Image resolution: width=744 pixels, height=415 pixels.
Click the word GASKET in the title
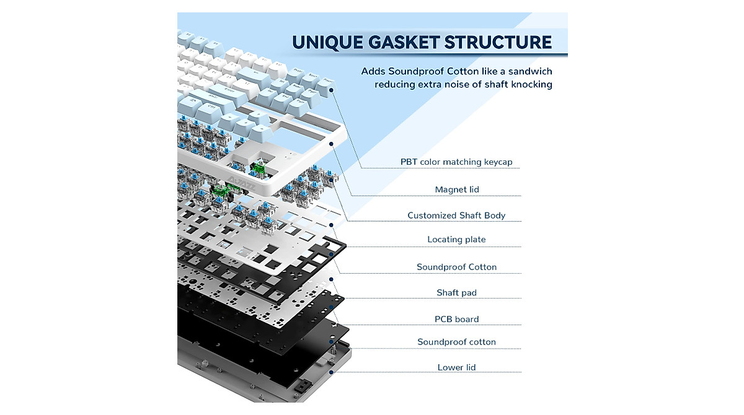point(396,42)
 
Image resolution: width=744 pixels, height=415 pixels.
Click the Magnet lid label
point(457,190)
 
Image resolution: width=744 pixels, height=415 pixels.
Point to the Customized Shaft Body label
point(456,216)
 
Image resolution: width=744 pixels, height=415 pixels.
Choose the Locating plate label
point(456,240)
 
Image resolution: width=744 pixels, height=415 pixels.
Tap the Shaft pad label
point(456,292)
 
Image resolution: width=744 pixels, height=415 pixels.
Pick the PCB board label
point(456,320)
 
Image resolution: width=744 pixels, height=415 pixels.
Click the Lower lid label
point(456,367)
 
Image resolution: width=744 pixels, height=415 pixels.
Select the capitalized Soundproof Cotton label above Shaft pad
point(456,267)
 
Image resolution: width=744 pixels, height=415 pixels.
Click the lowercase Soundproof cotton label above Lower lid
point(456,342)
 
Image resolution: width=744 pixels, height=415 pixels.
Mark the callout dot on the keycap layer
point(332,90)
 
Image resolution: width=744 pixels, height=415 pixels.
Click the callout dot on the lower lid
point(332,372)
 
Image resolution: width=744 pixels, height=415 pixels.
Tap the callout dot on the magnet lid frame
point(332,144)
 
